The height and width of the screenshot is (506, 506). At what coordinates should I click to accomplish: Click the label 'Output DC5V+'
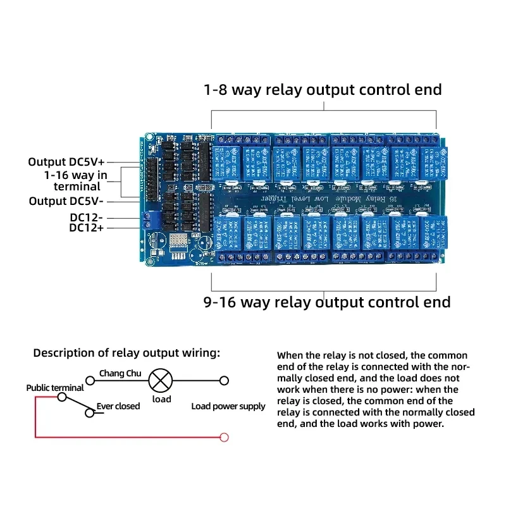tap(66, 163)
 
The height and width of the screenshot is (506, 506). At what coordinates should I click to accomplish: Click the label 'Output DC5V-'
tap(66, 201)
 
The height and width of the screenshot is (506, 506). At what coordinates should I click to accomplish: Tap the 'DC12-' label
tap(87, 217)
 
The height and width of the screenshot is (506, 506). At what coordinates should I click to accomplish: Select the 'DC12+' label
tap(87, 228)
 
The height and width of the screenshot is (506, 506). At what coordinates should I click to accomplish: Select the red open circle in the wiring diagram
tap(223, 437)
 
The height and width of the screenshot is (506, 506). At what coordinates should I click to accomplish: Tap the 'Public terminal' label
tap(54, 388)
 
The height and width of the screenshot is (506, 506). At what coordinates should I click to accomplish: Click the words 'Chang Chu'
tap(120, 373)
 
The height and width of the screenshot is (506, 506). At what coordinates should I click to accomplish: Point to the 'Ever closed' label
tap(118, 406)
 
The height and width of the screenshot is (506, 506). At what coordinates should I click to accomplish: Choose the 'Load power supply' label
tap(228, 406)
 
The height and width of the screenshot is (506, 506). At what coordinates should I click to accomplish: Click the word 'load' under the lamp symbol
tap(162, 399)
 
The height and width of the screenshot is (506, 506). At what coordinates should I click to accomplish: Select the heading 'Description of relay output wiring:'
tap(126, 353)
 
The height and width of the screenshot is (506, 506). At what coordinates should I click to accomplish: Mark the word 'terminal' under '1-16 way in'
tap(77, 187)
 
